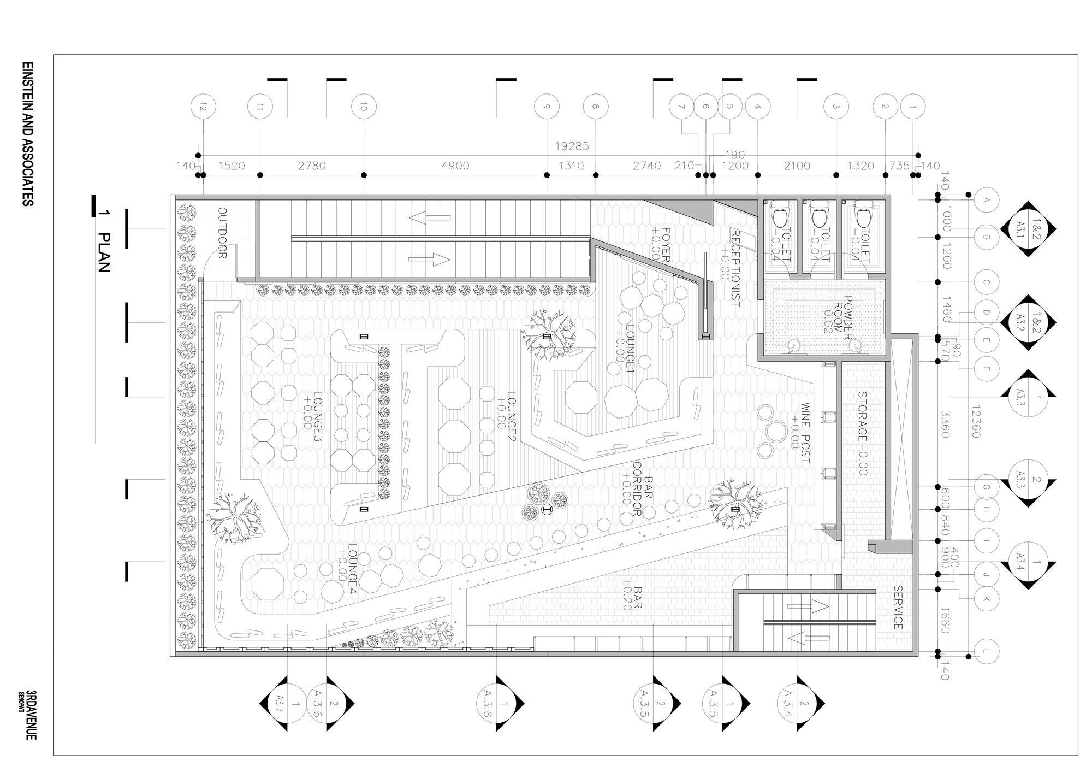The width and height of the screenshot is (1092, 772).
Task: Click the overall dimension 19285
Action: [572, 146]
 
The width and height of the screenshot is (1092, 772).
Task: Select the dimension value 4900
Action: [455, 166]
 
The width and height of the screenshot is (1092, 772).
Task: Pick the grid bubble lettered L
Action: [986, 651]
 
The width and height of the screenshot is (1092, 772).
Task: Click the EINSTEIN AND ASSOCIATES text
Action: [27, 134]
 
